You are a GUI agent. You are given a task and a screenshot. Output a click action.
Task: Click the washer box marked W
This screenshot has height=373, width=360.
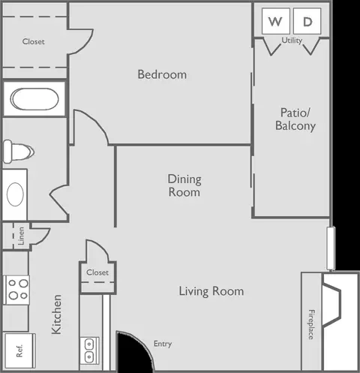click(x=276, y=21)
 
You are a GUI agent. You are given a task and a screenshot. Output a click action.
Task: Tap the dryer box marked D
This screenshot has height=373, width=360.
click(x=307, y=21)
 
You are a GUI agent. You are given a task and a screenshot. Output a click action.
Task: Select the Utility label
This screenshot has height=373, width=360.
click(x=292, y=41)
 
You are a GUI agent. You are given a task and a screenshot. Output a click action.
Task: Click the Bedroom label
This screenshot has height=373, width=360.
click(x=162, y=74)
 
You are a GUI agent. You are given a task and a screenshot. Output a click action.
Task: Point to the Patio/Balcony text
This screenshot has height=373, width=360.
click(x=295, y=119)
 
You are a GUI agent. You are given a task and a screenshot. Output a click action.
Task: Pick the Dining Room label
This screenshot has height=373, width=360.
click(x=184, y=185)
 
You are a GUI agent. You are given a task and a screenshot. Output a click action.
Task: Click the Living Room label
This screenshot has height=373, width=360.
click(x=211, y=291)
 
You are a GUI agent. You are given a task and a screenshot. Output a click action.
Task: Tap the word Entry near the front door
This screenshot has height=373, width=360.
click(x=163, y=344)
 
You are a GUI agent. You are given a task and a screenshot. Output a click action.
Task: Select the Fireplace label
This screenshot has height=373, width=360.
click(x=311, y=324)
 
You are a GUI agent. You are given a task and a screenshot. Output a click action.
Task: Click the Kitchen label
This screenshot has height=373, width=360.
click(x=56, y=314)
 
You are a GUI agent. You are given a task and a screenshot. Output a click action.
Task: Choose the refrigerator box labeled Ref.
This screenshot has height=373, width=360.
click(x=19, y=350)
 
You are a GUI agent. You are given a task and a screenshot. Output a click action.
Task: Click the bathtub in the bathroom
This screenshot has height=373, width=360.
click(x=34, y=99)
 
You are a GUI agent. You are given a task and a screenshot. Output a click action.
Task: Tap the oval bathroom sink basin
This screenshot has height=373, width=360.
click(x=15, y=194)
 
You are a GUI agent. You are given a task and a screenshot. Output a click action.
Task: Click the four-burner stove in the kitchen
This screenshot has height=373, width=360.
click(x=16, y=290)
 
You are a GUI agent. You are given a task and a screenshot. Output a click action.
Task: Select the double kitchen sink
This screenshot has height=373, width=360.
click(x=89, y=350)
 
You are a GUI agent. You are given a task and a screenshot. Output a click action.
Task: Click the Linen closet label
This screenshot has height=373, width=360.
click(x=21, y=236)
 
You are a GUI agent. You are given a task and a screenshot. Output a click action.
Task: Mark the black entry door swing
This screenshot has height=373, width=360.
click(x=134, y=350)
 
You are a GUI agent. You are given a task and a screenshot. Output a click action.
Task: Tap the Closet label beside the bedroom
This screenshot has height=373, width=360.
click(x=34, y=41)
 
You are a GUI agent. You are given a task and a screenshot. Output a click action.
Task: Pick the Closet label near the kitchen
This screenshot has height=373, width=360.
click(x=97, y=272)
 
